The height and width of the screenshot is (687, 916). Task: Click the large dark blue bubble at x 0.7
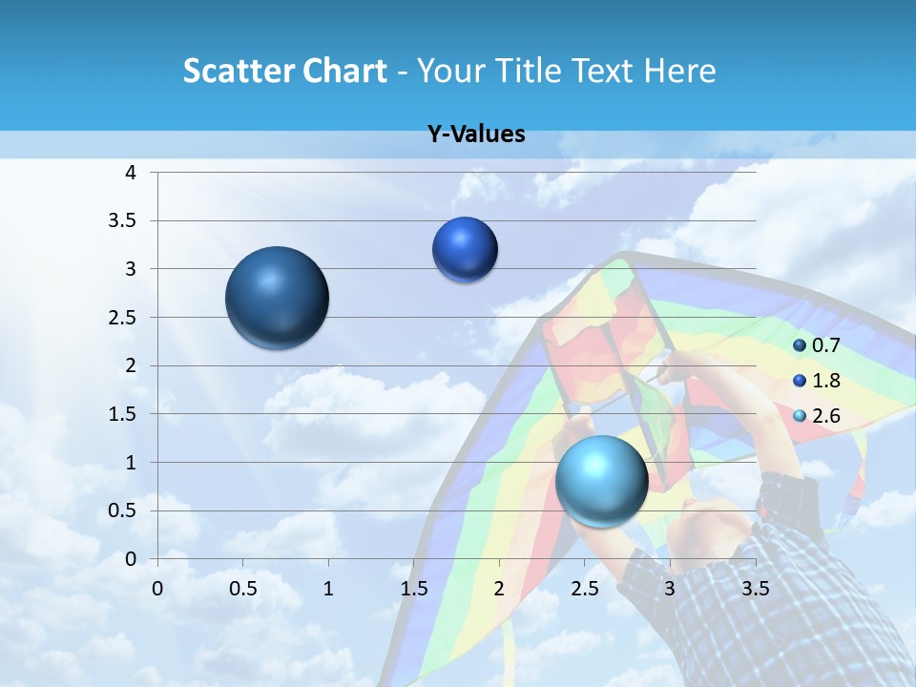coord(278,298)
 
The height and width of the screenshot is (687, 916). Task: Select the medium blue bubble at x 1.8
coord(465,249)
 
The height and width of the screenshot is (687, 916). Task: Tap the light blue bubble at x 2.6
coord(602,480)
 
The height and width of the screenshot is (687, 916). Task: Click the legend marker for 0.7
coord(800,345)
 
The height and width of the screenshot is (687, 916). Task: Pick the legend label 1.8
coord(825,381)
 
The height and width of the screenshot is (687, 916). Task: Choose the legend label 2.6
coord(825,416)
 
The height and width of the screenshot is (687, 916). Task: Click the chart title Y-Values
coord(476,135)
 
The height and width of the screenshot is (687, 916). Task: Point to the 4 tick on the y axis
coord(132,173)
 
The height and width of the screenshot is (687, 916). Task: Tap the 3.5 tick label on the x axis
coord(755,588)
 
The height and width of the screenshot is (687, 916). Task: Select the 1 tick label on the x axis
coord(328,588)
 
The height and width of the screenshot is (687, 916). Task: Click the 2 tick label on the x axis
coord(499,588)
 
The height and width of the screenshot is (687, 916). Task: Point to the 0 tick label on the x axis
coord(157,588)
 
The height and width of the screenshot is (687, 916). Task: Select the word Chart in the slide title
coord(345,71)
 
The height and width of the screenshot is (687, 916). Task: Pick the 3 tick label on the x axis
coord(670,588)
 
